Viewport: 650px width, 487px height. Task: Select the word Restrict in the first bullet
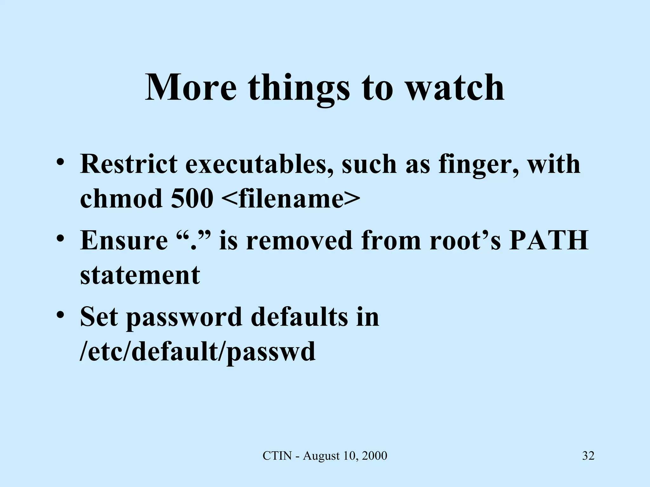pyautogui.click(x=129, y=164)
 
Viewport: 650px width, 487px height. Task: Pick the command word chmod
pyautogui.click(x=121, y=199)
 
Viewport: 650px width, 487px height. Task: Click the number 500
pyautogui.click(x=192, y=199)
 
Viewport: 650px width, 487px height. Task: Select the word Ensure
pyautogui.click(x=124, y=240)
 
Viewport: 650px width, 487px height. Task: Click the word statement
pyautogui.click(x=140, y=275)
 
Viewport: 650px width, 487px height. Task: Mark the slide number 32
pyautogui.click(x=588, y=456)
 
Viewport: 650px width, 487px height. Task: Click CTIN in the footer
pyautogui.click(x=277, y=456)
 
